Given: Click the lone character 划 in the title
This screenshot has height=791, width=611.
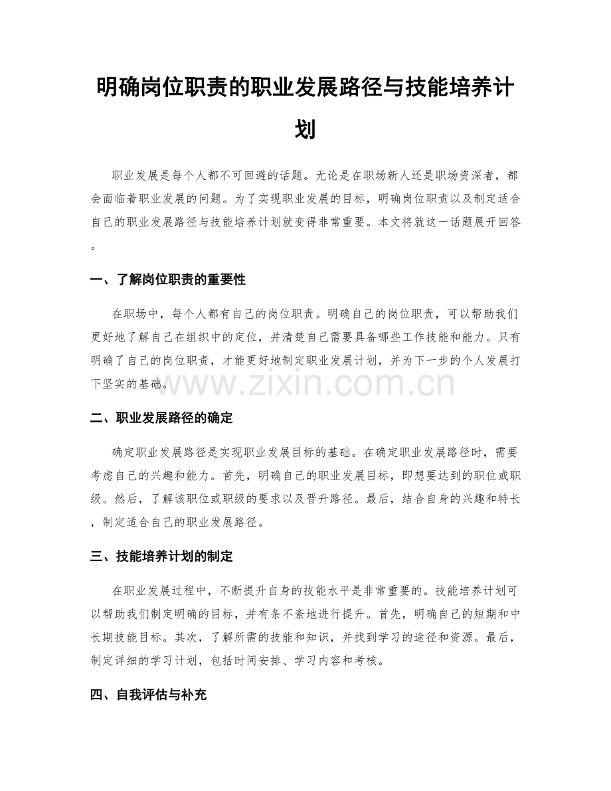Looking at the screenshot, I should (x=305, y=128).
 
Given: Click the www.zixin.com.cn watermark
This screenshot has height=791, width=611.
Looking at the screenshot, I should (x=305, y=384).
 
